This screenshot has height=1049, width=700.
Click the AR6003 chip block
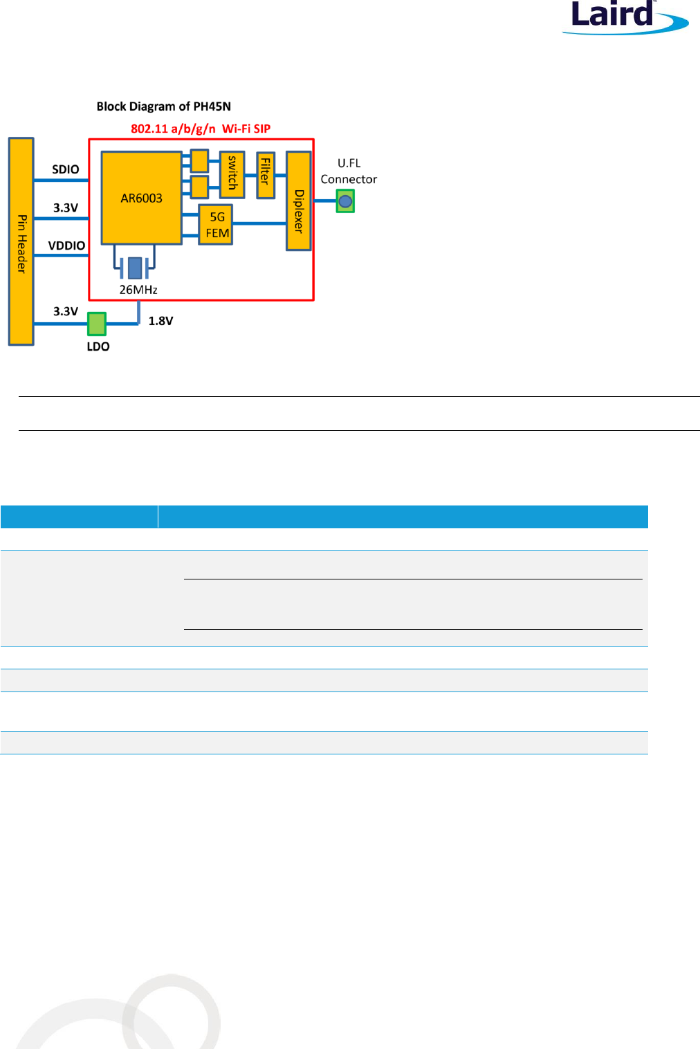click(x=141, y=198)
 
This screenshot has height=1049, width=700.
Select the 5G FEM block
click(x=216, y=225)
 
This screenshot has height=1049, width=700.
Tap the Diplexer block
click(x=298, y=201)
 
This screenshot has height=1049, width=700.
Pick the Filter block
click(x=266, y=176)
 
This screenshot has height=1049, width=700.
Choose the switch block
click(x=232, y=174)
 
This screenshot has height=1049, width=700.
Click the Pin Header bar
click(x=21, y=241)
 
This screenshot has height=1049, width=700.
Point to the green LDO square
click(x=97, y=323)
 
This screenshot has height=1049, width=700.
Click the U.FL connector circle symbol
click(x=345, y=201)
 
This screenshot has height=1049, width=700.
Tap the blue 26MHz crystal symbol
click(x=134, y=267)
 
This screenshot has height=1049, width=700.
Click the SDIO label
click(x=66, y=169)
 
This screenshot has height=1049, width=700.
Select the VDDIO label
click(x=66, y=245)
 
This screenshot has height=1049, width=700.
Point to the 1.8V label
click(x=160, y=321)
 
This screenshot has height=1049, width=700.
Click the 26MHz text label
click(x=138, y=290)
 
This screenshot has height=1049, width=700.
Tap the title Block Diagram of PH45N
click(x=164, y=106)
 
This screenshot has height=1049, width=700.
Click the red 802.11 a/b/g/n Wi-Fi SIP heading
click(x=201, y=129)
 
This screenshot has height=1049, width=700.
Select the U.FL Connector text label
click(x=349, y=171)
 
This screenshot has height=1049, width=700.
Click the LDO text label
click(x=98, y=346)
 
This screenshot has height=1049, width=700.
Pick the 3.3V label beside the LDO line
click(x=66, y=311)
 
